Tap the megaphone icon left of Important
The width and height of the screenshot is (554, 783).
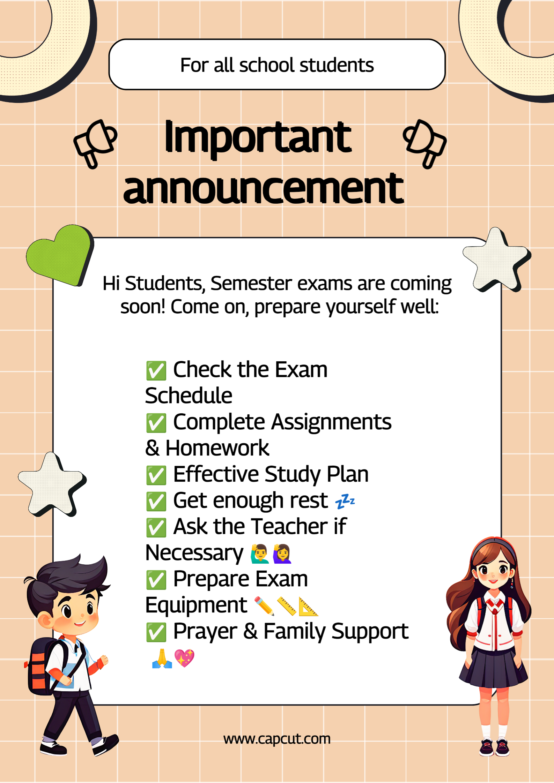pos(95,143)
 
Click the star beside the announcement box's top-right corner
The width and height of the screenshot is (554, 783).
pos(497,260)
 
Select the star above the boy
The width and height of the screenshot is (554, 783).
pos(52,485)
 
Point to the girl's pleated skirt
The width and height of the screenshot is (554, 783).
pos(493,668)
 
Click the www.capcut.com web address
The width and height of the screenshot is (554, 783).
pos(277,739)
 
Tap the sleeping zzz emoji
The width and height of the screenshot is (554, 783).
pos(345,502)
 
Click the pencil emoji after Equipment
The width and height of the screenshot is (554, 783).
pos(264,606)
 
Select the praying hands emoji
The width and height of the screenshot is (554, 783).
pos(162,658)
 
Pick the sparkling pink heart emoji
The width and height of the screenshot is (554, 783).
pos(184,658)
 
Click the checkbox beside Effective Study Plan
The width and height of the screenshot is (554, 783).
pos(156,475)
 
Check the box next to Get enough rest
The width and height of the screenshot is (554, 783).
pos(156,502)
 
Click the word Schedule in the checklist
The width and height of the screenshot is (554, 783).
pos(189,396)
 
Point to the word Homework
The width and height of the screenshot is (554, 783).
pos(217,448)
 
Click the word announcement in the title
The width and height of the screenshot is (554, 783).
pos(264,188)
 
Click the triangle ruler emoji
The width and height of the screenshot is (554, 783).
pos(308,606)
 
